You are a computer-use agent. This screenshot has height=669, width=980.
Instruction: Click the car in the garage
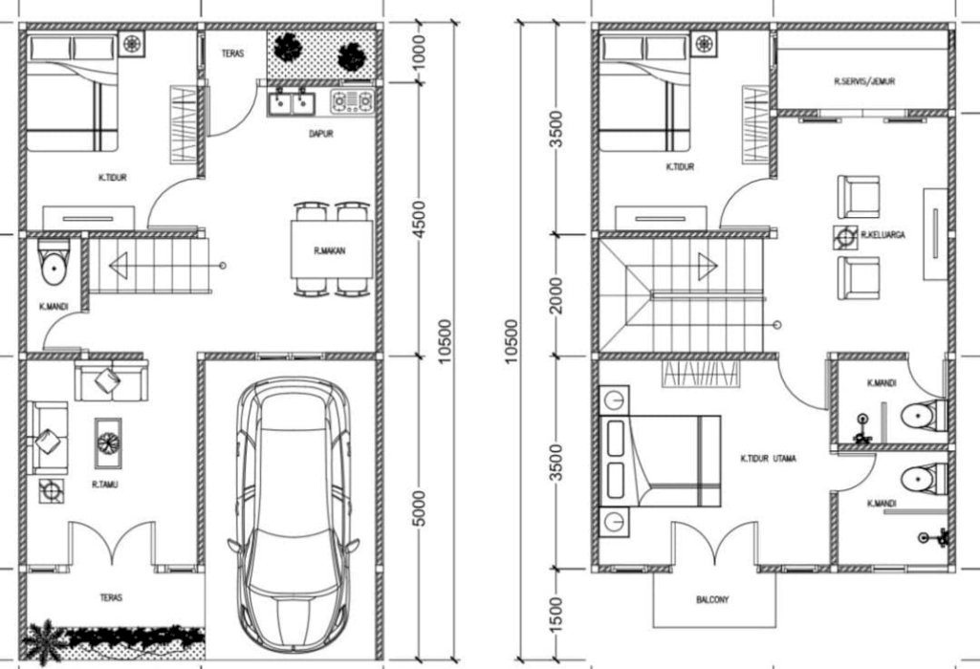(x=293, y=515)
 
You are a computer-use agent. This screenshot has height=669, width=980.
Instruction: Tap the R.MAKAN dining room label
(x=329, y=251)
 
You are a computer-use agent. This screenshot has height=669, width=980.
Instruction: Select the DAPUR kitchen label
(x=321, y=134)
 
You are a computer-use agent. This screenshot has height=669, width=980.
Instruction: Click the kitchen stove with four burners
(x=352, y=102)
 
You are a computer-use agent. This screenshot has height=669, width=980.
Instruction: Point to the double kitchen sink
(x=292, y=102)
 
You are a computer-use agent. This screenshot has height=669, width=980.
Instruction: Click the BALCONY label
(x=712, y=599)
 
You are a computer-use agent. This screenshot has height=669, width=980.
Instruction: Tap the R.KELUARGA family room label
(x=882, y=235)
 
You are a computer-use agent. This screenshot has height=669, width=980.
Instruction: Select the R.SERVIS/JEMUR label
(x=864, y=81)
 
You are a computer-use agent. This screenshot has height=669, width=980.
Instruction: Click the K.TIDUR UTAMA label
(x=768, y=459)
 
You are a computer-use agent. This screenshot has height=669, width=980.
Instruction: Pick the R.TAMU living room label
(x=104, y=485)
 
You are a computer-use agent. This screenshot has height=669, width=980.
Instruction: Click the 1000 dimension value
(x=418, y=52)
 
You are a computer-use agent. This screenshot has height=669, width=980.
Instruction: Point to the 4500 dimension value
(x=418, y=219)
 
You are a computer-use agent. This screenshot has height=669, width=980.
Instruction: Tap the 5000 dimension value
(x=418, y=507)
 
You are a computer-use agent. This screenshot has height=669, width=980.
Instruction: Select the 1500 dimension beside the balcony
(x=555, y=614)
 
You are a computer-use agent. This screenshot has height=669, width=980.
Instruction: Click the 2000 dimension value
(x=555, y=295)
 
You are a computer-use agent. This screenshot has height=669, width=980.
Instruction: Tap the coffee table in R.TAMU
(x=108, y=442)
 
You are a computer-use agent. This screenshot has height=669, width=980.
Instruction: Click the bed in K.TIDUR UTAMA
(x=660, y=461)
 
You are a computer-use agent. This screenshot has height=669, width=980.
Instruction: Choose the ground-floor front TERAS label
(x=111, y=597)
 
